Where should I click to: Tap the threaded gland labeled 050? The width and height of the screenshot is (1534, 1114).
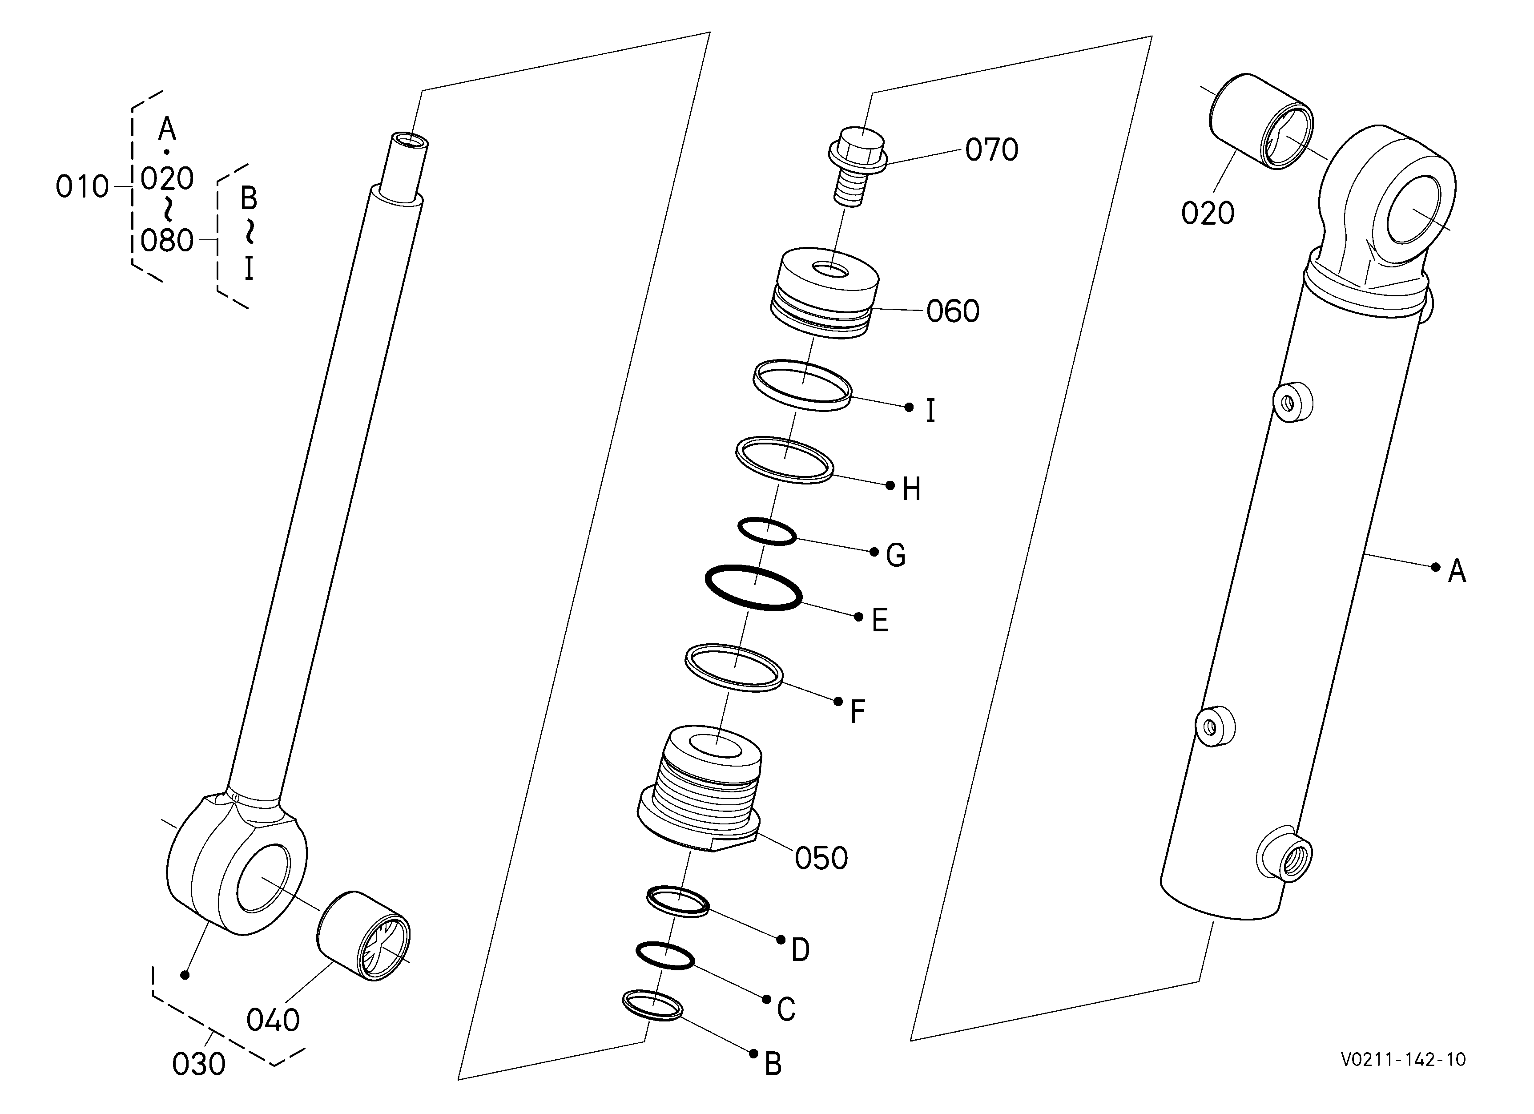click(699, 792)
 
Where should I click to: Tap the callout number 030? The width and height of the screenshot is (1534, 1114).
click(199, 1064)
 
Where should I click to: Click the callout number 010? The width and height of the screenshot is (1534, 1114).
click(82, 187)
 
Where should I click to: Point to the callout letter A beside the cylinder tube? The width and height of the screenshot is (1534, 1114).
click(1456, 572)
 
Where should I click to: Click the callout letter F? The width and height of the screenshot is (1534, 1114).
click(858, 712)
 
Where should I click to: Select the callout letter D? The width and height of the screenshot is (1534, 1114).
click(800, 950)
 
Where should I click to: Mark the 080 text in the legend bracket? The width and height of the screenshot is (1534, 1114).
click(167, 241)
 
